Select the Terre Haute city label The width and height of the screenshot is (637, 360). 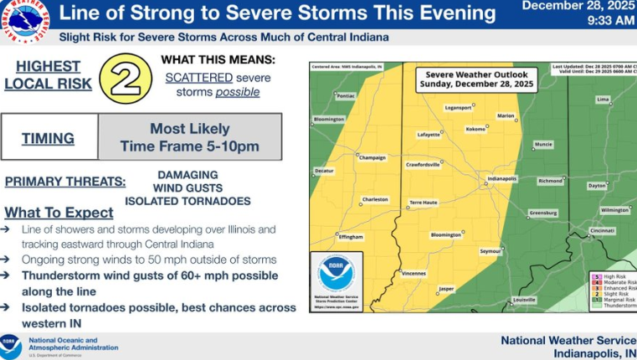(x=424, y=203)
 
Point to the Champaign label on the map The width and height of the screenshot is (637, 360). (x=372, y=157)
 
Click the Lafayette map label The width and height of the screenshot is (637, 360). (x=429, y=135)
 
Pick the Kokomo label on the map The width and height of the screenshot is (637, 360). (x=475, y=129)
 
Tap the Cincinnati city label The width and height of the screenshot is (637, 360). (x=602, y=230)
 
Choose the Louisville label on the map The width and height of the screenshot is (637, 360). (x=524, y=299)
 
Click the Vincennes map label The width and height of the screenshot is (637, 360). (x=414, y=274)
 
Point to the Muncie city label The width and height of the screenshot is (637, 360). (x=544, y=144)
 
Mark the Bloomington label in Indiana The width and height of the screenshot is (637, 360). (x=445, y=235)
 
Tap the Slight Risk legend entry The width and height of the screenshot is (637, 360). (x=614, y=293)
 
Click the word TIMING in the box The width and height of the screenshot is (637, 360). (x=48, y=138)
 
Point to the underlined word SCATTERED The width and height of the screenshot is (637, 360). (x=198, y=76)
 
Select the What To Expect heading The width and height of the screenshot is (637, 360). (x=59, y=212)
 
